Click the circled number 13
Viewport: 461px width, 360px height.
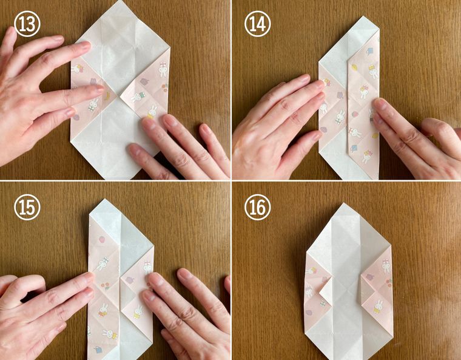(x=27, y=24)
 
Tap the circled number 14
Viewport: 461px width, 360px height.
(x=258, y=24)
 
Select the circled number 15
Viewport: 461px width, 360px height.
(x=27, y=207)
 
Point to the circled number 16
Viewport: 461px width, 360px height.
(x=258, y=207)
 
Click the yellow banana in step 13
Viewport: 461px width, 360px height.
(x=107, y=97)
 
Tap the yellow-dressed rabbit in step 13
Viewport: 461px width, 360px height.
(x=152, y=112)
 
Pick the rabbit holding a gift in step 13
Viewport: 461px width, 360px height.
(x=163, y=69)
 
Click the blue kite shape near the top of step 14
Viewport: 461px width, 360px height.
(x=369, y=51)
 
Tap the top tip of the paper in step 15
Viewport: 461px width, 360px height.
(x=104, y=200)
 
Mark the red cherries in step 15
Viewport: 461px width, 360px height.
(x=106, y=286)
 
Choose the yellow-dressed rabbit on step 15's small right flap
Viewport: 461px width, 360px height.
(x=138, y=312)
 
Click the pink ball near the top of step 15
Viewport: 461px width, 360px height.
(x=102, y=240)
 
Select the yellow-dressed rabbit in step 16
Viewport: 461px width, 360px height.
(x=379, y=307)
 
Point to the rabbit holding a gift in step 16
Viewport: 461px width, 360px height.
(x=386, y=266)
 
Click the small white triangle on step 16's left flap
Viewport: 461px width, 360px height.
(x=326, y=291)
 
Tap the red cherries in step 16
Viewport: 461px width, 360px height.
(x=389, y=282)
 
